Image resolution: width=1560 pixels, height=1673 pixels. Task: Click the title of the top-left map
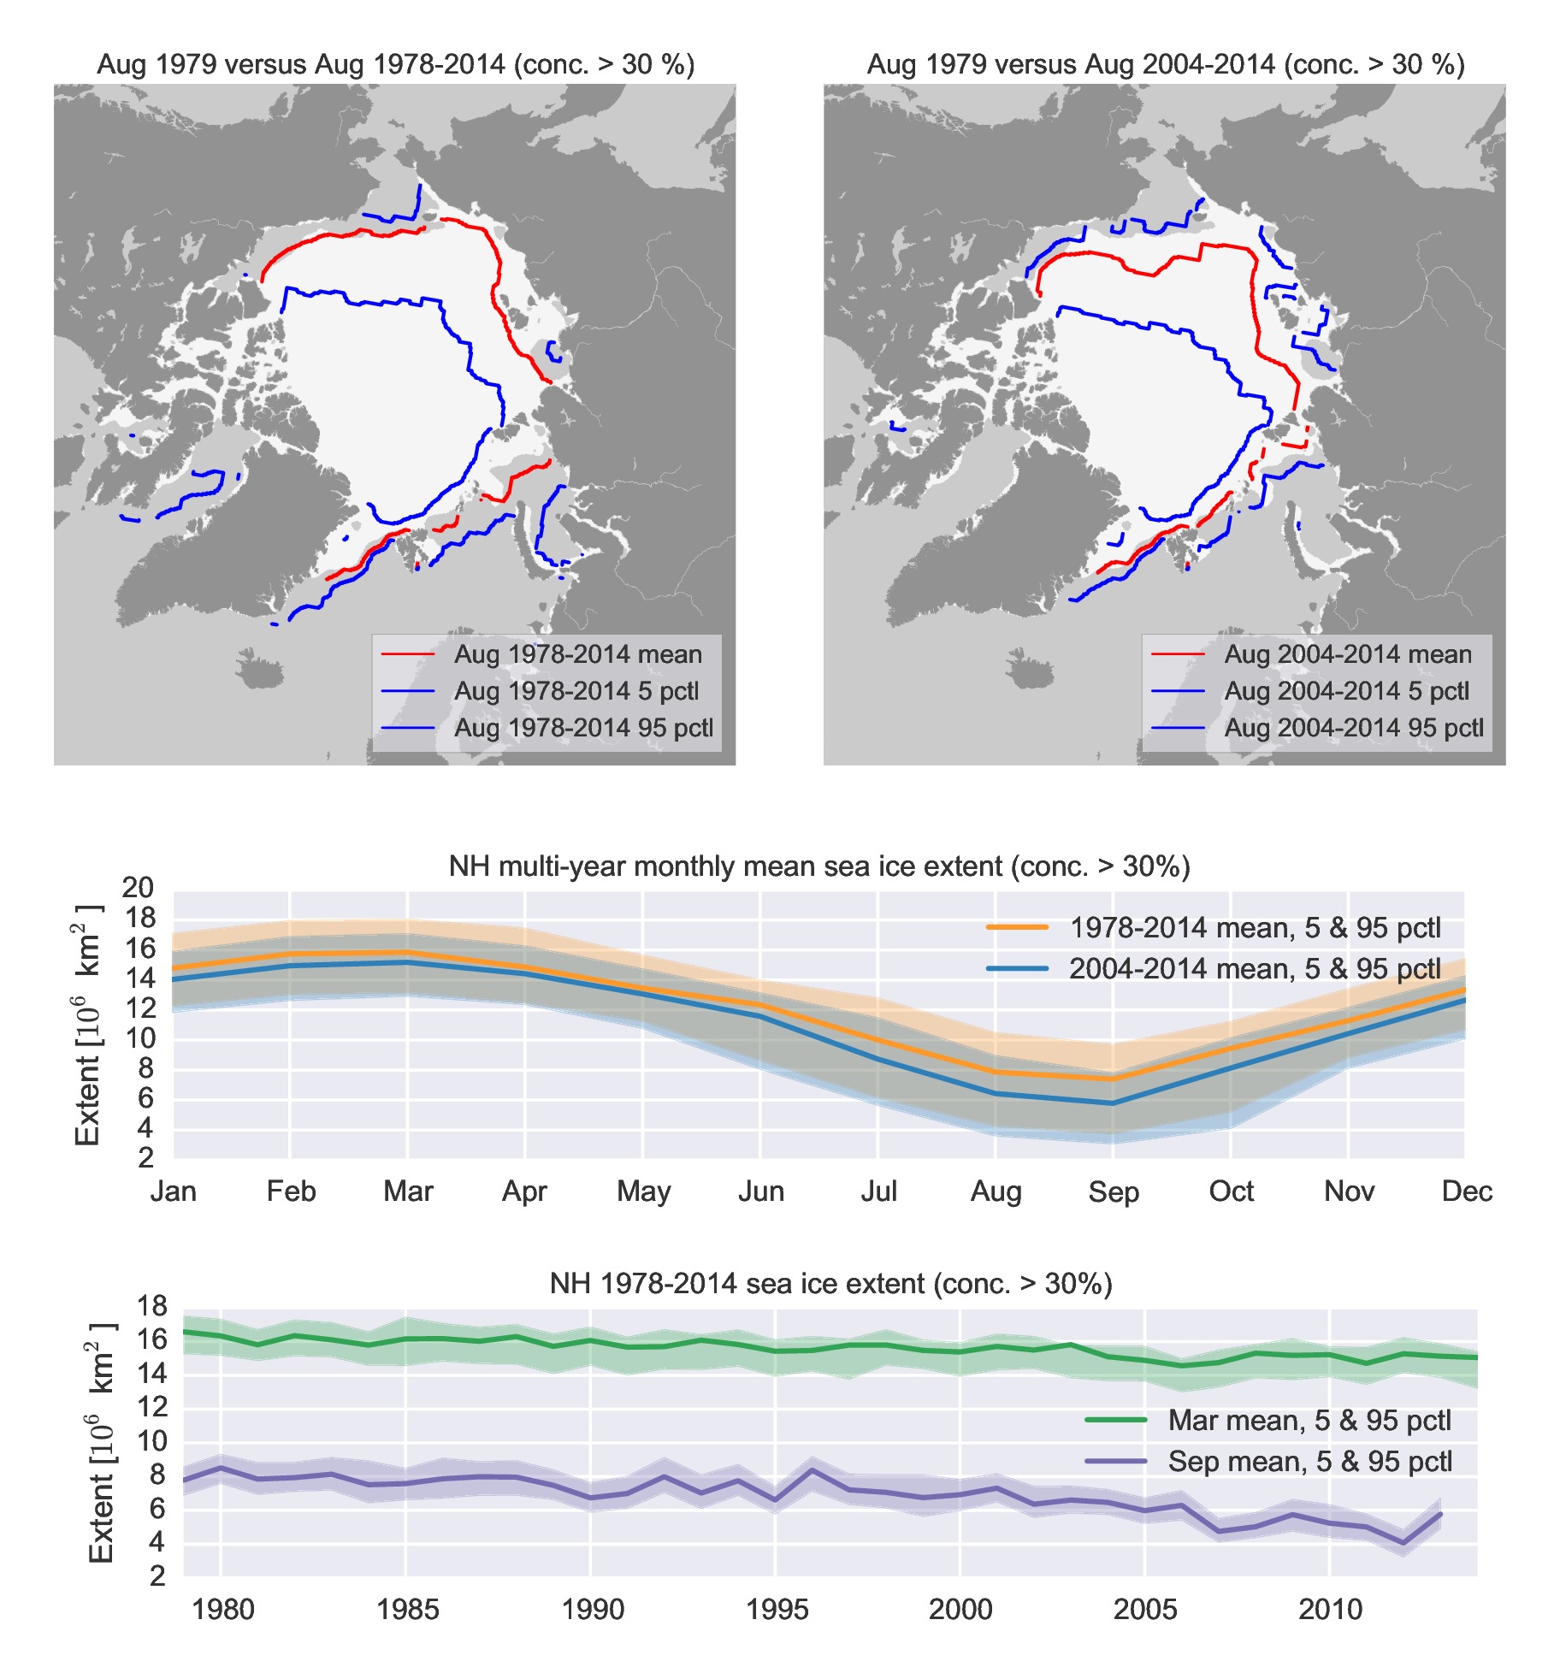tap(395, 65)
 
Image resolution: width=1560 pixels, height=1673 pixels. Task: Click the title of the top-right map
tap(1165, 65)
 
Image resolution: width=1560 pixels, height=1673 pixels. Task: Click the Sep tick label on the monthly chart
tap(1113, 1191)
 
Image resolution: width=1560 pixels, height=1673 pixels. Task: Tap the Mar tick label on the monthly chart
tap(408, 1191)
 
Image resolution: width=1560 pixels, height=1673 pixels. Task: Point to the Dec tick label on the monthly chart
tap(1466, 1191)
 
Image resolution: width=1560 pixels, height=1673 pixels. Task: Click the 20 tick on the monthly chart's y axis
tap(139, 888)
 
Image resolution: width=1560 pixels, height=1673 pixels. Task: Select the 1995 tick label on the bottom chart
tap(776, 1610)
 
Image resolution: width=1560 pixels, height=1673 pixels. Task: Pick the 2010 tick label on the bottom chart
tap(1330, 1610)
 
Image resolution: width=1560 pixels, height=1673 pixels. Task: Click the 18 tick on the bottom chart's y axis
tap(152, 1306)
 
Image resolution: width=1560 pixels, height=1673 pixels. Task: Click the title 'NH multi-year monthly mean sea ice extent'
tap(818, 867)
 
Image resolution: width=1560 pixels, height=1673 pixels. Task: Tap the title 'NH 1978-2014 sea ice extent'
tap(830, 1284)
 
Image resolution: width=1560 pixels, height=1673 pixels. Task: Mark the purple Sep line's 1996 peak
tap(812, 1471)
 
